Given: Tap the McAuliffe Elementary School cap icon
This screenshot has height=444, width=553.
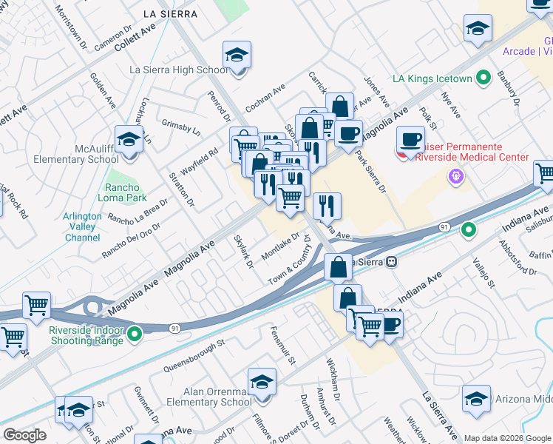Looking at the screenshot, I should tap(129, 140).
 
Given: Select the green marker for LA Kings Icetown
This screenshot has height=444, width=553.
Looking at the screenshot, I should tap(484, 76).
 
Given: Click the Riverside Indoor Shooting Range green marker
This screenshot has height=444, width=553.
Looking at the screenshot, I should tap(134, 335).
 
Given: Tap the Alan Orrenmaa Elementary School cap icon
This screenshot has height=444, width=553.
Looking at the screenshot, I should tap(262, 383).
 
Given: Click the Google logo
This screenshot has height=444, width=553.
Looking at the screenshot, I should tap(24, 434).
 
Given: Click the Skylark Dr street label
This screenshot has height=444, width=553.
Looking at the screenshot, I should tap(243, 252).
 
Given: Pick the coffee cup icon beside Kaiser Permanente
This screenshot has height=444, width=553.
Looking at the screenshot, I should tap(410, 139).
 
